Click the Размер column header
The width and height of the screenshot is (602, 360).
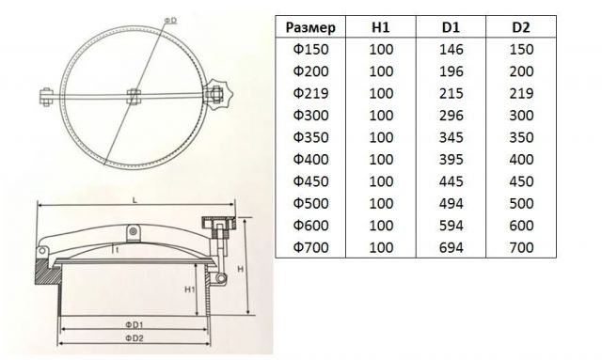(x=310, y=27)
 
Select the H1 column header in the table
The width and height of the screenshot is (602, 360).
(x=381, y=27)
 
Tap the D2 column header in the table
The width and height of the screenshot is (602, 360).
(x=521, y=27)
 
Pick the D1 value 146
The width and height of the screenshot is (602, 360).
(x=451, y=50)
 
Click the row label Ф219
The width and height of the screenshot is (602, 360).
(x=311, y=94)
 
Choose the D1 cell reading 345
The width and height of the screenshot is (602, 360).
(x=451, y=137)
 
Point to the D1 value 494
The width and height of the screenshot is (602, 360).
(x=451, y=203)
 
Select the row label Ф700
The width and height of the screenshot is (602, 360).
(x=311, y=247)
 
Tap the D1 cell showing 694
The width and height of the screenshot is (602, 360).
(x=451, y=247)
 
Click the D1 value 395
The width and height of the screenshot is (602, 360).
(x=451, y=160)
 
